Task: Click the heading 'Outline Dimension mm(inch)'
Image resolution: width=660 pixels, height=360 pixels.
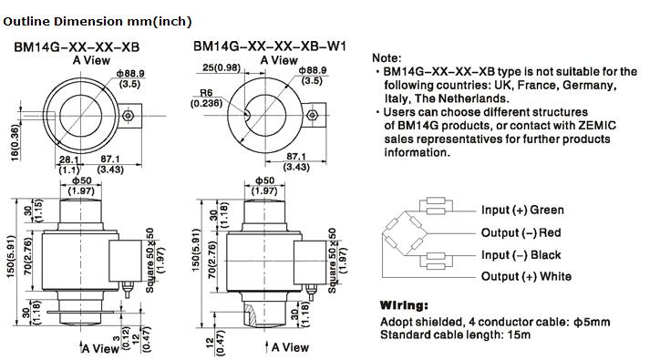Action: coord(98,22)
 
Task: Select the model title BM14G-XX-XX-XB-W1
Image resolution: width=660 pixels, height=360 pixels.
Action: coord(270,46)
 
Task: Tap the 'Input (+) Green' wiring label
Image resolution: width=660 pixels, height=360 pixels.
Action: coord(522,210)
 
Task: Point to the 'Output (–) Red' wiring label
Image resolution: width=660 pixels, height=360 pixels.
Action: coord(521,232)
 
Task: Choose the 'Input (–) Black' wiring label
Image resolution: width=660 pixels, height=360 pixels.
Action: coord(521,255)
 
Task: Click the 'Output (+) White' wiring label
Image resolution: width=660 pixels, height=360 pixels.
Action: coord(526,277)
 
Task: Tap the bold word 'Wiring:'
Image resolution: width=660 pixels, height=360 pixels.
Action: coord(404,305)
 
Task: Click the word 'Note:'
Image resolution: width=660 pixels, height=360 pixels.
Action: coord(387,58)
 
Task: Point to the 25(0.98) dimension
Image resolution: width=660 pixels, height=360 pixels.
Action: coord(222,67)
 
